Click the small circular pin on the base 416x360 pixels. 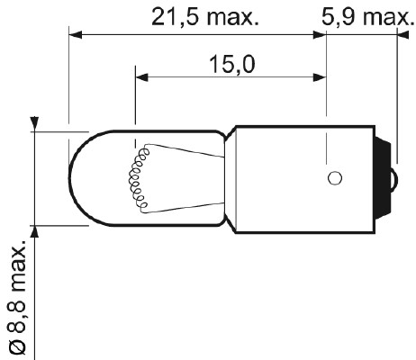click(333, 177)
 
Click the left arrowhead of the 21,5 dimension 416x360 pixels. click(76, 36)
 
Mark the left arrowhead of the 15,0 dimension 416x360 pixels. click(140, 76)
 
